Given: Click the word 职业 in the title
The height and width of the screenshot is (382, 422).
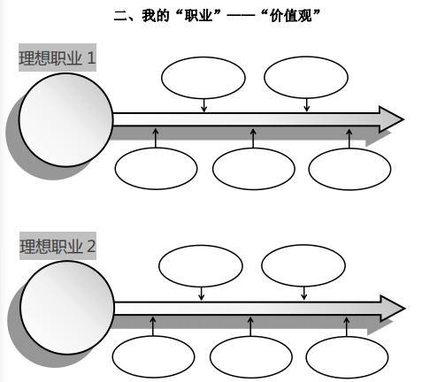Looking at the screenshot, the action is [198, 15].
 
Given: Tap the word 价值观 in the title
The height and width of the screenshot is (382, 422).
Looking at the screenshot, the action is [290, 15].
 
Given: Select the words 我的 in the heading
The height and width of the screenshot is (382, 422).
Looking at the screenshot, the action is [156, 15].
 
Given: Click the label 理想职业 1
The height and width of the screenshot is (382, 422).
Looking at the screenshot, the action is [58, 57].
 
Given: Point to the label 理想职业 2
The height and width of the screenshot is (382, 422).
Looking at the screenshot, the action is [58, 246].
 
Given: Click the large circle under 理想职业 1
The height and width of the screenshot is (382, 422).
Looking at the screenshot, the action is [65, 120].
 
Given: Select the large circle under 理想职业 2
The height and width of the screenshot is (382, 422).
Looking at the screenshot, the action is [67, 308].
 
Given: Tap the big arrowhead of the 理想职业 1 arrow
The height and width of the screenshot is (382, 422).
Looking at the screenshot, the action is [391, 119].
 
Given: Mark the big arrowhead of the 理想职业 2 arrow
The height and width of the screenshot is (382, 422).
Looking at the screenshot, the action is [393, 309].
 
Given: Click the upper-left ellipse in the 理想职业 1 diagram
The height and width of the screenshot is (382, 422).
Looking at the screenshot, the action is [203, 78].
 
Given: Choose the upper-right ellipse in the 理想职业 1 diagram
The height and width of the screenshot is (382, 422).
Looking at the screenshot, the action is [306, 77].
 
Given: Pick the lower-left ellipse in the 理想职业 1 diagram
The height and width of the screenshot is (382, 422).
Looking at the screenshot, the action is [156, 169].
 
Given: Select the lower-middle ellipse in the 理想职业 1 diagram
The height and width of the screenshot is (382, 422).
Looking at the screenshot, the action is [253, 169].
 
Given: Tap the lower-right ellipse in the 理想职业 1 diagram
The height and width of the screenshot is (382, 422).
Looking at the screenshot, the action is [349, 169].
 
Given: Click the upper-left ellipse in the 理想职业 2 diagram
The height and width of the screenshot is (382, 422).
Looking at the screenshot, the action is [201, 266].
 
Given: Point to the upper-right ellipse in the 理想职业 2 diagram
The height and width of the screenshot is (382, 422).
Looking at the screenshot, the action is [303, 265].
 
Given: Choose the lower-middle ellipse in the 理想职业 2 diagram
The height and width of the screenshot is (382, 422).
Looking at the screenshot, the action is [251, 357].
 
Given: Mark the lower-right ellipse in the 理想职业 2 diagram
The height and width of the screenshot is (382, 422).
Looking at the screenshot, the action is [347, 357].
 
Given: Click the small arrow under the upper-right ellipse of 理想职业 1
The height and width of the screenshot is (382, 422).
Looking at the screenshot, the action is [306, 105].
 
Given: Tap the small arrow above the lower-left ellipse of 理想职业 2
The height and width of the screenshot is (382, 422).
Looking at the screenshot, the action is [153, 326].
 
